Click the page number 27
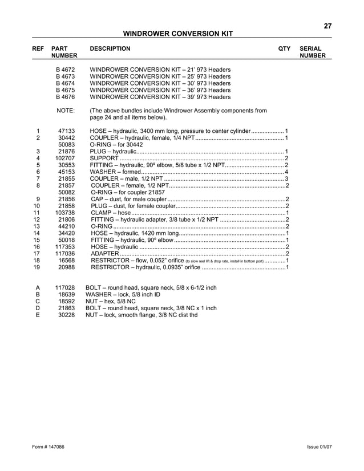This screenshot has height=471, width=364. (327, 26)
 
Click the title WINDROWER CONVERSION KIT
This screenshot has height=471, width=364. (178, 34)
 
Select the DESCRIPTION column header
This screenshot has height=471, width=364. (110, 49)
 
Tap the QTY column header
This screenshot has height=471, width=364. (284, 49)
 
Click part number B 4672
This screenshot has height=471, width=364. (66, 69)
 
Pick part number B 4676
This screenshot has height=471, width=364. (66, 96)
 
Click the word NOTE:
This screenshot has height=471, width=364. (66, 111)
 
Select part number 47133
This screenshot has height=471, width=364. (67, 131)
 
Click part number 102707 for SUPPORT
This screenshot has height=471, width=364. (66, 158)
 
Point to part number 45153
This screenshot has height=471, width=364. (67, 172)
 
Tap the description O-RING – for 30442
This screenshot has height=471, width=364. (116, 145)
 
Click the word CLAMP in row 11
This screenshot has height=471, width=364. (102, 213)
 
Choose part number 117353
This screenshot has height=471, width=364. (66, 247)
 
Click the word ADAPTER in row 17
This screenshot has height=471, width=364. (104, 254)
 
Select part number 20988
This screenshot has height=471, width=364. (67, 267)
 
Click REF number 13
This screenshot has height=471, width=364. (37, 226)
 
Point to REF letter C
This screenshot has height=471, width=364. (38, 301)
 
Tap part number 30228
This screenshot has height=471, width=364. (67, 315)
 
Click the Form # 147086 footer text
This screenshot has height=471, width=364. (48, 447)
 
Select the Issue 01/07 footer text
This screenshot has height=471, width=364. (319, 447)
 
